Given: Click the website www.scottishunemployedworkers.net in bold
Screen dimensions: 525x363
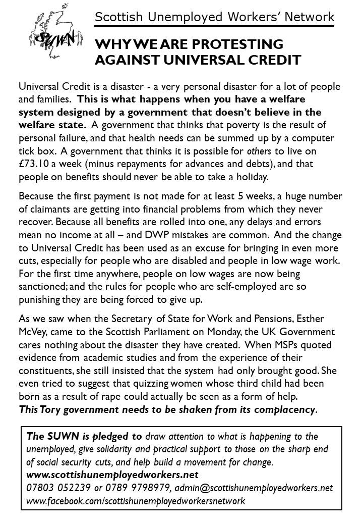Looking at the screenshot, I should click(112, 475).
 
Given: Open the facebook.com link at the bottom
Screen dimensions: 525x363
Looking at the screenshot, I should click(136, 501).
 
